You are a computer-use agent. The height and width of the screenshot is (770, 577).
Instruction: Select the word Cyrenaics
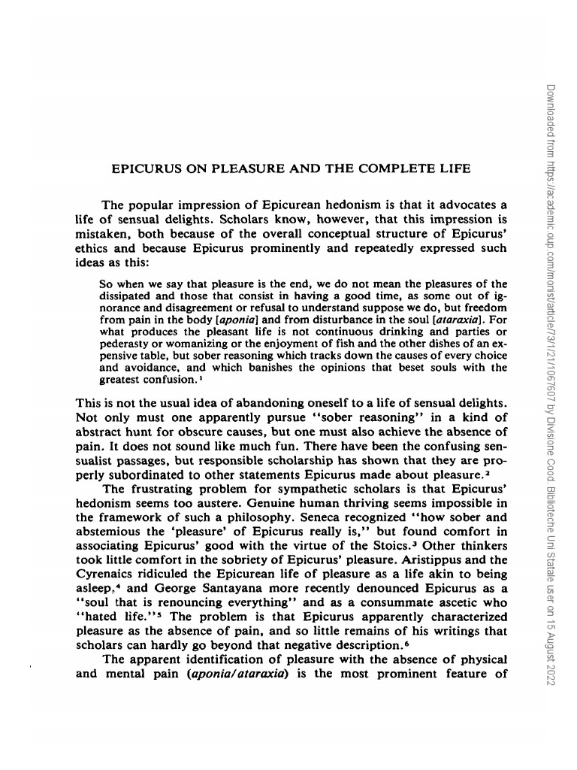click(x=105, y=574)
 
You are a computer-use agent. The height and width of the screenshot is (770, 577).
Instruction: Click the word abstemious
click(x=111, y=532)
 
